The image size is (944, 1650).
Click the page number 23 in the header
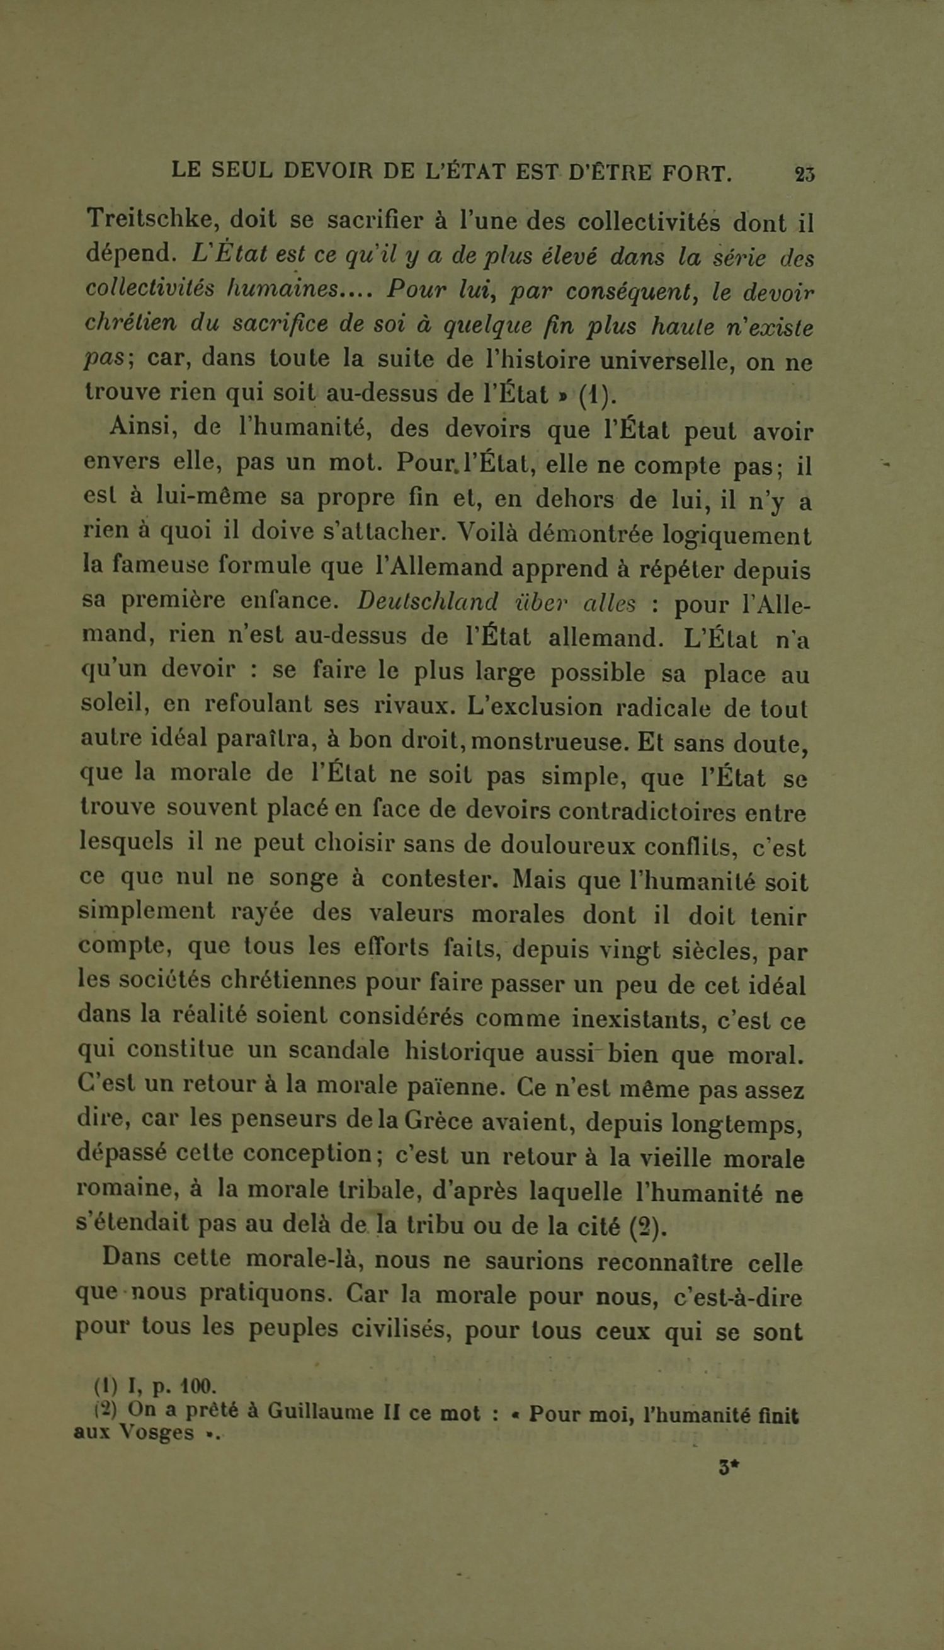coord(805,174)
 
